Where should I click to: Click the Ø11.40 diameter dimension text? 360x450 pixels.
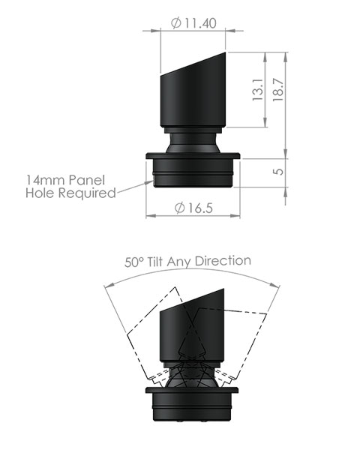pyautogui.click(x=193, y=22)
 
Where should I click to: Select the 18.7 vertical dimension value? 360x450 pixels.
pyautogui.click(x=278, y=91)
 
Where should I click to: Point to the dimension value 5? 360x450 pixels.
pyautogui.click(x=278, y=172)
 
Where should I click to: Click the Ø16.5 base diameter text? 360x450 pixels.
pyautogui.click(x=193, y=208)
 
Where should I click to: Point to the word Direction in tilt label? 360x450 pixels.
pyautogui.click(x=223, y=262)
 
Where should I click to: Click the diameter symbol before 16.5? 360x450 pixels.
pyautogui.click(x=178, y=208)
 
